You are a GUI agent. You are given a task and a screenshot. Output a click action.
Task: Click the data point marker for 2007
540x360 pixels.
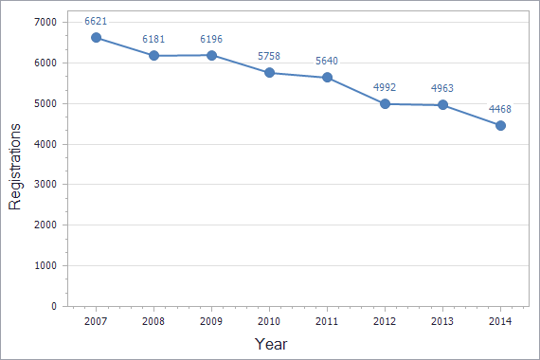pyautogui.click(x=96, y=37)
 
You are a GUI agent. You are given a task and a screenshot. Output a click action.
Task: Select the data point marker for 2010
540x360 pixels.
pyautogui.click(x=269, y=72)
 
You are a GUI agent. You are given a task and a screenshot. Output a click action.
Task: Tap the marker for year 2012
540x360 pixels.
pyautogui.click(x=386, y=103)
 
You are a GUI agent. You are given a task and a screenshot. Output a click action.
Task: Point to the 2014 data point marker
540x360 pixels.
pyautogui.click(x=501, y=125)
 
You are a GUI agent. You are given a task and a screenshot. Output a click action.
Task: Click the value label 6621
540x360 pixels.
pyautogui.click(x=96, y=20)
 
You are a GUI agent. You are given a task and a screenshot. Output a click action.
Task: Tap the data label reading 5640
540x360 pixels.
pyautogui.click(x=327, y=61)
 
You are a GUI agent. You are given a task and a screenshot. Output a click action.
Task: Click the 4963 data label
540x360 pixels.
pyautogui.click(x=442, y=88)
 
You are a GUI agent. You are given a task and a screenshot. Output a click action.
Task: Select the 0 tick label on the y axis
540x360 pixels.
pyautogui.click(x=54, y=307)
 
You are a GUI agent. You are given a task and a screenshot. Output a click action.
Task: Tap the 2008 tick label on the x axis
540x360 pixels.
pyautogui.click(x=153, y=323)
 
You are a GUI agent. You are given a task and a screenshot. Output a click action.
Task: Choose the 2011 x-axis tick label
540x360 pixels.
pyautogui.click(x=327, y=323)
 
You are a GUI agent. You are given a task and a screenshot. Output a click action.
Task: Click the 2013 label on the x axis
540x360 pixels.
pyautogui.click(x=443, y=323)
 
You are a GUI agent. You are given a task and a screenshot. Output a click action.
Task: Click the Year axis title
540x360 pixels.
pyautogui.click(x=271, y=344)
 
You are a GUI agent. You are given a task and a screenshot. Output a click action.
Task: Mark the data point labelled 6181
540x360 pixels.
pyautogui.click(x=153, y=55)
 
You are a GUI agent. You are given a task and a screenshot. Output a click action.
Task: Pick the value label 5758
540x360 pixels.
pyautogui.click(x=269, y=56)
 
